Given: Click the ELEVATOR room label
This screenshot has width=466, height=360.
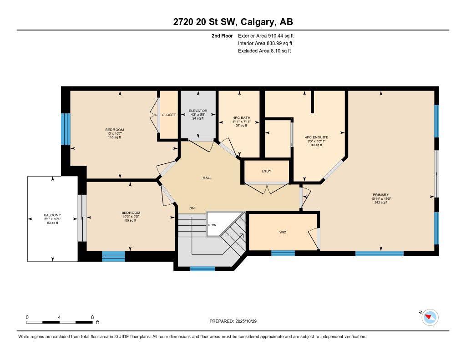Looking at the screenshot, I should coord(198,111).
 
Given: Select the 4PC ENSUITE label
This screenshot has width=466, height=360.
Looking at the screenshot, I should coord(317,137).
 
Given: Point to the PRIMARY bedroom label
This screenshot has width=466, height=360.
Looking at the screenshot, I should coord(380,195).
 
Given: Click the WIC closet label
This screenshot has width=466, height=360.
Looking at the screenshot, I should coord(283,232).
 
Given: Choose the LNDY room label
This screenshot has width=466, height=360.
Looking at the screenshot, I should coord(267,171).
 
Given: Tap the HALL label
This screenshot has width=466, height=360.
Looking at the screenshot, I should coord(207,178).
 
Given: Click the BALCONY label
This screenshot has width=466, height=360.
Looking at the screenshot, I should coord(52,215).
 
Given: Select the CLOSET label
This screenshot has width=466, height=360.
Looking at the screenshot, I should coord(169,115).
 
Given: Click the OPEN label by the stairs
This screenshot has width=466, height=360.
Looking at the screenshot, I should coord(212,225).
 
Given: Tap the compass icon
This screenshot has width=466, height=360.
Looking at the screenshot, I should coord(430,317).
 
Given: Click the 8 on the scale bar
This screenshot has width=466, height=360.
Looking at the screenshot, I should coord(92,317).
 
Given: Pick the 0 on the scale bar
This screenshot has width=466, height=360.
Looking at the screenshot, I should coord(27,317).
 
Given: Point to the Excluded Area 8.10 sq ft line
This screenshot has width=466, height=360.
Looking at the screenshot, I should coord(264,51).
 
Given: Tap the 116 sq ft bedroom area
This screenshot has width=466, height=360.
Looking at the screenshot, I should coord(114,137).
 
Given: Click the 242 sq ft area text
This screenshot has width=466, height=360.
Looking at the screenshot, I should coord(380,203).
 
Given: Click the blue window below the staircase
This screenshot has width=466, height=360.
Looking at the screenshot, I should coord(202,269).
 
